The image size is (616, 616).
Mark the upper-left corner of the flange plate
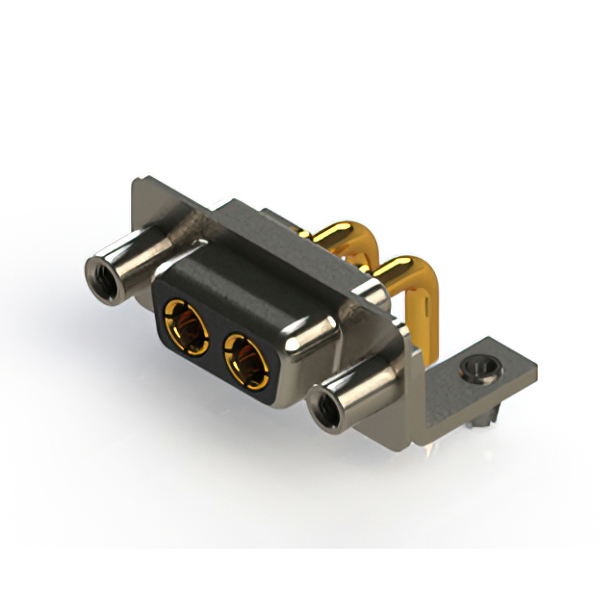135,181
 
